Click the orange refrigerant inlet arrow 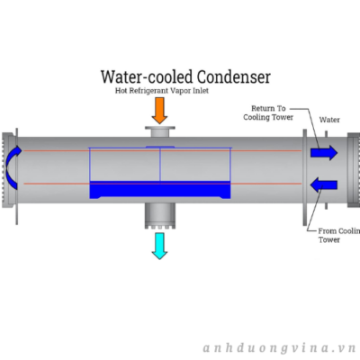(159, 111)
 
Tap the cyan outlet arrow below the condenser (159, 246)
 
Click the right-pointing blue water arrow (324, 153)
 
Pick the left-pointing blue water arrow (324, 184)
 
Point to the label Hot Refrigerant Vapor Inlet (162, 91)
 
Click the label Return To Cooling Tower (268, 112)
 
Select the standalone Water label (329, 120)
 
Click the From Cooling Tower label (339, 236)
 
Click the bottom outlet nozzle (160, 215)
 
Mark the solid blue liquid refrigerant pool (160, 190)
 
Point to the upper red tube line (162, 150)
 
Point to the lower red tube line (162, 184)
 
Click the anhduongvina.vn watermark (279, 348)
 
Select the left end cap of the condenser (10, 170)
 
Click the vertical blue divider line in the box (160, 165)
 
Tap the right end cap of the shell (354, 170)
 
